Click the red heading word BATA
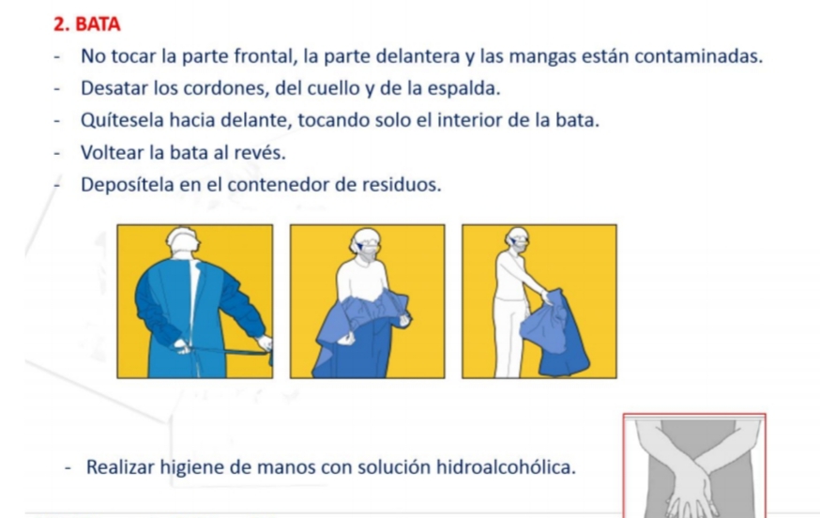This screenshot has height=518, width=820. (98, 24)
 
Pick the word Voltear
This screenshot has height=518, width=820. (112, 153)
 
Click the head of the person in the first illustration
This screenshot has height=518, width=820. (183, 239)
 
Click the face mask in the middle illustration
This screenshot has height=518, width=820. (370, 253)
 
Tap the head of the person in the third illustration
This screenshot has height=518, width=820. (518, 240)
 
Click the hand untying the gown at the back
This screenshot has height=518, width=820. (181, 346)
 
